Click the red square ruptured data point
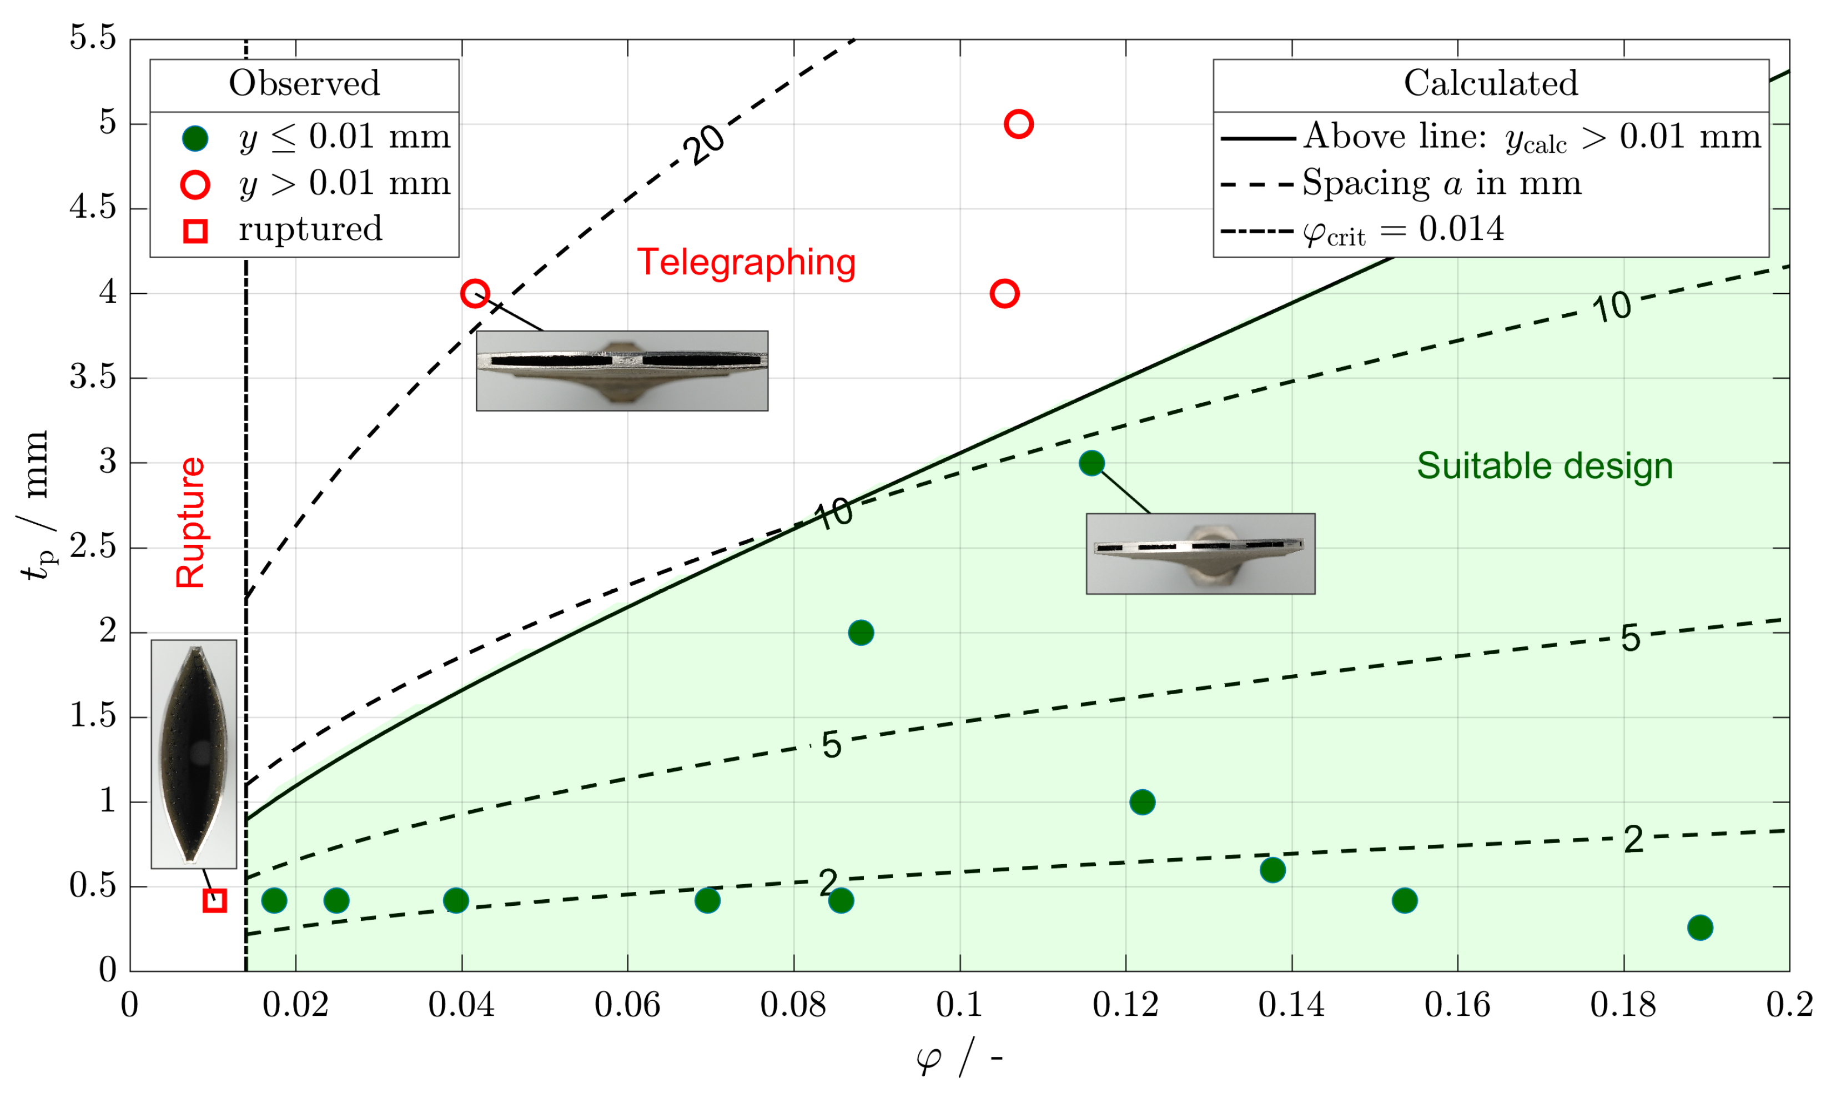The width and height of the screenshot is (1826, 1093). click(x=214, y=900)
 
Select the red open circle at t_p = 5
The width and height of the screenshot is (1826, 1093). click(x=1018, y=124)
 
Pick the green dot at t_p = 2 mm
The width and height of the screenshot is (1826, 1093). click(x=861, y=632)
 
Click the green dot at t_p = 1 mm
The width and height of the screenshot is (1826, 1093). click(x=1142, y=801)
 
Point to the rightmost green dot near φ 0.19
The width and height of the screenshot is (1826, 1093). click(x=1700, y=927)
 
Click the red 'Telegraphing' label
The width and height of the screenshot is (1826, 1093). click(x=746, y=262)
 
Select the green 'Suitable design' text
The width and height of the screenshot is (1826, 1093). click(x=1545, y=465)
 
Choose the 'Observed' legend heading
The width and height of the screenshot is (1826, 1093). click(x=304, y=83)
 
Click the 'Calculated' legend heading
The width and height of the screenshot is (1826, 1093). click(x=1491, y=83)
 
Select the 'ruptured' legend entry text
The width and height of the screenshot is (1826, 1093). click(x=310, y=229)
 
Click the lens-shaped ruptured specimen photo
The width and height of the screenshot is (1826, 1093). click(x=194, y=754)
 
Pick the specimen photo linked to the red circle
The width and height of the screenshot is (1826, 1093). click(x=622, y=370)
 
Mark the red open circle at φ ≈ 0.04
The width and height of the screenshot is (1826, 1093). click(x=475, y=293)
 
